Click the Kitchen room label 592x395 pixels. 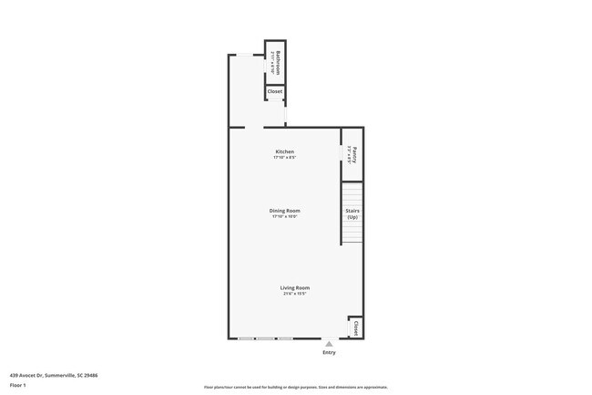click(285, 151)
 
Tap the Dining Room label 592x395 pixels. click(285, 211)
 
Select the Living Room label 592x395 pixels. click(294, 287)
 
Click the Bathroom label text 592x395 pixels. click(278, 61)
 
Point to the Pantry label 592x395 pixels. click(355, 154)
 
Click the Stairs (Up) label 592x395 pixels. click(352, 213)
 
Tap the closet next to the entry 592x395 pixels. click(355, 327)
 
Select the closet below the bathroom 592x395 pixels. click(275, 91)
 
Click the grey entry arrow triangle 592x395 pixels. click(329, 344)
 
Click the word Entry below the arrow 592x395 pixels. click(329, 353)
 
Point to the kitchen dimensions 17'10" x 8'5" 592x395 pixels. click(285, 158)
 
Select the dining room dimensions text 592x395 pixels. click(285, 217)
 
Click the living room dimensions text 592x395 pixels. click(294, 294)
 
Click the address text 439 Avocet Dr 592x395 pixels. click(28, 375)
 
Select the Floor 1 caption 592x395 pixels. click(18, 386)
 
